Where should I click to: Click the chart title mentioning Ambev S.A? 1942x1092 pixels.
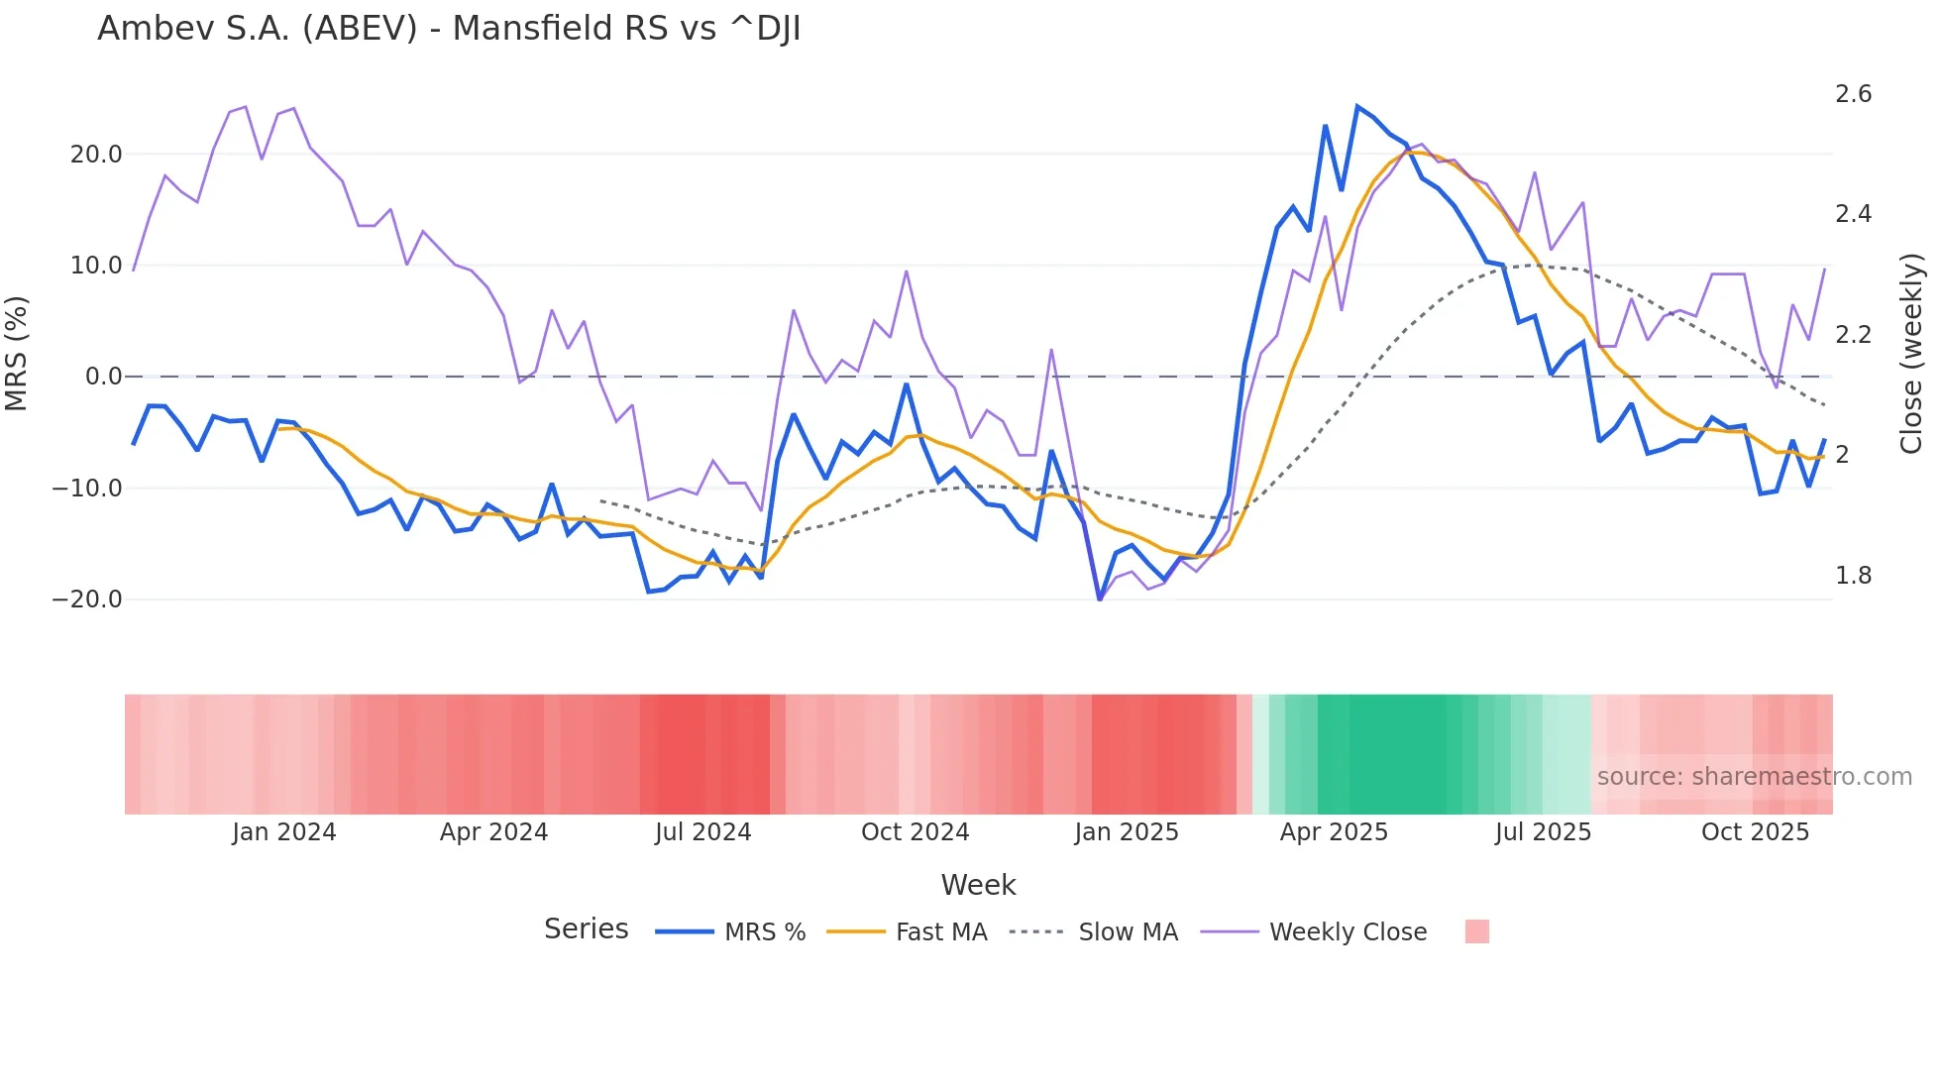click(449, 29)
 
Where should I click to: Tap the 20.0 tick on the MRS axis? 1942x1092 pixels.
click(96, 155)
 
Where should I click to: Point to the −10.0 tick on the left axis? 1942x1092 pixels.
click(87, 489)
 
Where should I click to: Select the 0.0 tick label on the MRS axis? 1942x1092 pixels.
click(103, 377)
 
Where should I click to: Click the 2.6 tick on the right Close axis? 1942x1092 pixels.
click(1853, 94)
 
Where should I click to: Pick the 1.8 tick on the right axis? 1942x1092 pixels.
click(1853, 576)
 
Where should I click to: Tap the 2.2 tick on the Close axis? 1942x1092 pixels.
click(1853, 335)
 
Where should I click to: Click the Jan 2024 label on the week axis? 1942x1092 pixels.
click(284, 832)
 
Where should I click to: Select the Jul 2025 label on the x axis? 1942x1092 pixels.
click(1543, 832)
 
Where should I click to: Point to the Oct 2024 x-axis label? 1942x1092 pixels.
click(915, 832)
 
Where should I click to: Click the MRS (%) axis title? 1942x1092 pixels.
click(17, 354)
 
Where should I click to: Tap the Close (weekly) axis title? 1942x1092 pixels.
click(1911, 354)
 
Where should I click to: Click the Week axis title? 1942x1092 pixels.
click(978, 885)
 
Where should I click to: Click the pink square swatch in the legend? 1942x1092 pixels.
click(1476, 932)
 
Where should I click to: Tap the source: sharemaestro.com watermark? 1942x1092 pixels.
click(1754, 777)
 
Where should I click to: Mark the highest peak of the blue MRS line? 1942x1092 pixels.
click(1357, 106)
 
